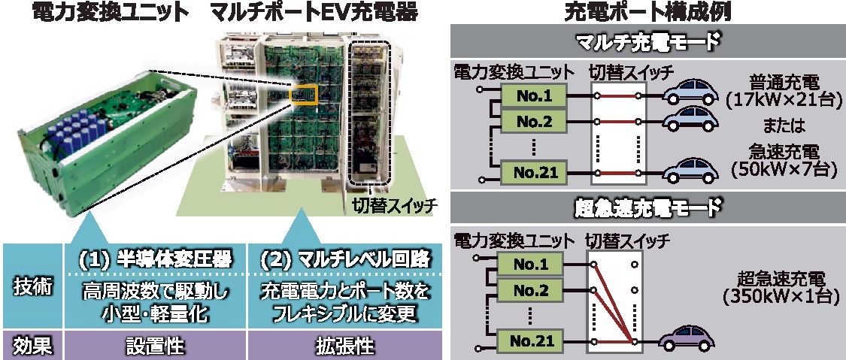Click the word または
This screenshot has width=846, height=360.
[x=782, y=122]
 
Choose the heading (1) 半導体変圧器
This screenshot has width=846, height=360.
[x=156, y=259]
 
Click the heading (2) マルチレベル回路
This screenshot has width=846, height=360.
[x=344, y=259]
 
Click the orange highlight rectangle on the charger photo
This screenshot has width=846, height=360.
[x=304, y=94]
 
